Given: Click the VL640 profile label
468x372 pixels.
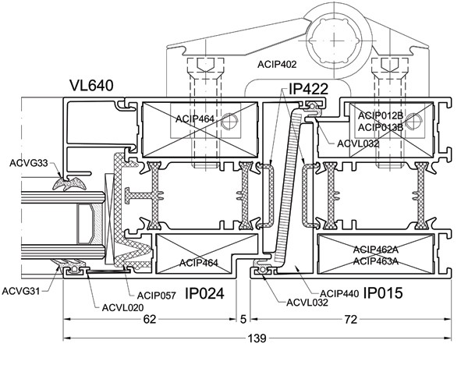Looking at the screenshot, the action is point(91,85).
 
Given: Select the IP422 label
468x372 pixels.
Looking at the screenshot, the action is point(308,89).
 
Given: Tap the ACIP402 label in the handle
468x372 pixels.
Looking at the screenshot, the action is point(277,65).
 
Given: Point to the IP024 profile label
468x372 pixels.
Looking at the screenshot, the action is point(204,293).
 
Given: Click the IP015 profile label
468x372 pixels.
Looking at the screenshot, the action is point(383,293).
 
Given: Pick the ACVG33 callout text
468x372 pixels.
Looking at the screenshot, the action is point(29,163).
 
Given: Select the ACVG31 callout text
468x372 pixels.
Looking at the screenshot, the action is point(20,291).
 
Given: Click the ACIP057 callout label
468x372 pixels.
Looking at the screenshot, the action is point(157,296).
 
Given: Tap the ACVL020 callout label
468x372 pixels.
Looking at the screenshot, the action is point(122,307).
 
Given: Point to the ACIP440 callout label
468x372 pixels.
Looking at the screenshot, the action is point(339,294).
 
